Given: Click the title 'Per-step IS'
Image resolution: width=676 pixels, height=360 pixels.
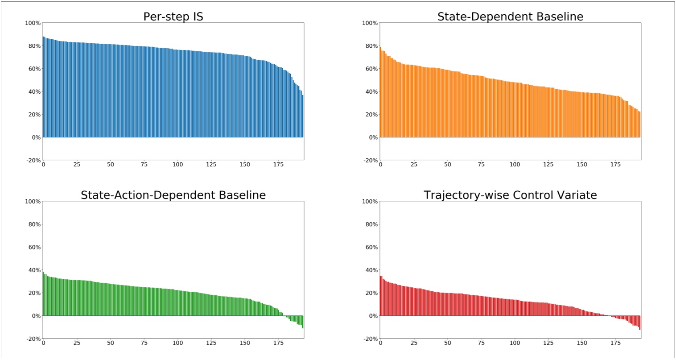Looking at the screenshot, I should pos(173,17).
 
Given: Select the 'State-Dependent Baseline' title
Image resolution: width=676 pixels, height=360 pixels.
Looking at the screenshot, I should pos(510,17).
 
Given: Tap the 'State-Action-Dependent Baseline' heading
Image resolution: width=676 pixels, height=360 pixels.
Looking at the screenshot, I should pos(173,195).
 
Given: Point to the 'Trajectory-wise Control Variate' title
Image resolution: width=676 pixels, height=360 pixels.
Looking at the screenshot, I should pos(510,195).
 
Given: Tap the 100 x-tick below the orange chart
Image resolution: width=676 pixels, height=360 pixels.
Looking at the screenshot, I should pos(515,165).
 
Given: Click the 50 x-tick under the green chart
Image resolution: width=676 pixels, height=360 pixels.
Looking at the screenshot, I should pos(111,343).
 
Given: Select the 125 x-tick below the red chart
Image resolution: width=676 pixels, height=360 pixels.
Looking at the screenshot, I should pos(548,343).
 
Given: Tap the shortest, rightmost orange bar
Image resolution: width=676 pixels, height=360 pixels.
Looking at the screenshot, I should pos(639,124).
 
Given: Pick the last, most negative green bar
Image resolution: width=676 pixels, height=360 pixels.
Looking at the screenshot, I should pos(302,322).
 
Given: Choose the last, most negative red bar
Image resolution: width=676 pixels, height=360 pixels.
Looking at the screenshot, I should pos(639,323).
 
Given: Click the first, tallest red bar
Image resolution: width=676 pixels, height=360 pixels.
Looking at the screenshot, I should pos(381,296).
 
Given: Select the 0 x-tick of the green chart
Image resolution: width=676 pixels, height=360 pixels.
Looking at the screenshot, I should pos(43,343).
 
